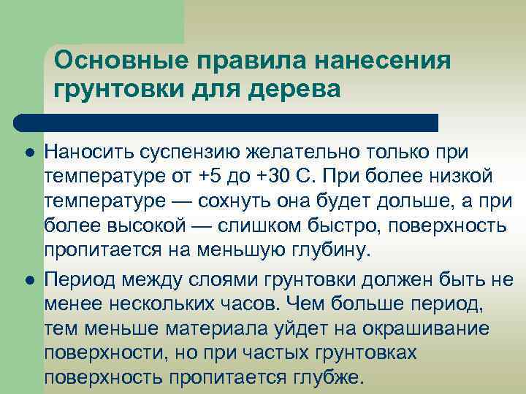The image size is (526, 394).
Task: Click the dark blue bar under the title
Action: (x=226, y=123)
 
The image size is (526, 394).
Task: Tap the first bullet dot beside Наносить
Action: (x=27, y=152)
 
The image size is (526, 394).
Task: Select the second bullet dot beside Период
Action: (x=27, y=280)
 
